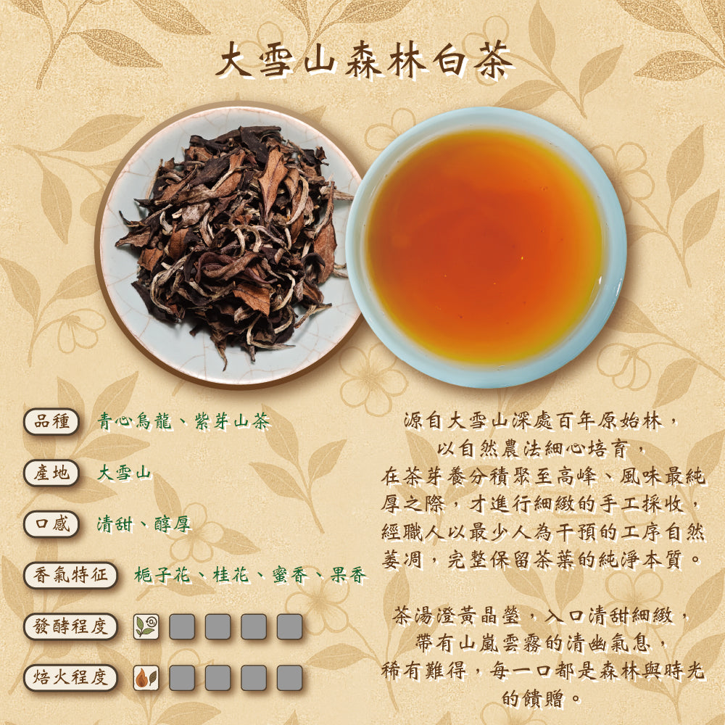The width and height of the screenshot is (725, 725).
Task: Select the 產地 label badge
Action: (51, 473)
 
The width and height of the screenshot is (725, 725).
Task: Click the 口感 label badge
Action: (51, 524)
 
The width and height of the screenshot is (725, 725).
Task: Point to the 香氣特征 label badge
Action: (70, 575)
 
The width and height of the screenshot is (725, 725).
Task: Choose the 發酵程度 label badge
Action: (70, 626)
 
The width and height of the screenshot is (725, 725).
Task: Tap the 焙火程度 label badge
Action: (70, 678)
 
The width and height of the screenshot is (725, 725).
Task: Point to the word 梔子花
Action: (162, 576)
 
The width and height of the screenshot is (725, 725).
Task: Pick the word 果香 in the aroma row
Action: (348, 576)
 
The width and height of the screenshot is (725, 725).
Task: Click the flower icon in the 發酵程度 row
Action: (146, 626)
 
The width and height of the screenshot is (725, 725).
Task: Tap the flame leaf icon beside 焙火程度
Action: (146, 678)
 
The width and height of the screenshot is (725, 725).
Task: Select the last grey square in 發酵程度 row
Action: (289, 626)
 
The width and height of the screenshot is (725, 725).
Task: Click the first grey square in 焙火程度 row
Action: (182, 678)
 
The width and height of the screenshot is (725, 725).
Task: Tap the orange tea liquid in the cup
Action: (484, 246)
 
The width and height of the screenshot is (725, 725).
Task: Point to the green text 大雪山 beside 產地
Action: (124, 473)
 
